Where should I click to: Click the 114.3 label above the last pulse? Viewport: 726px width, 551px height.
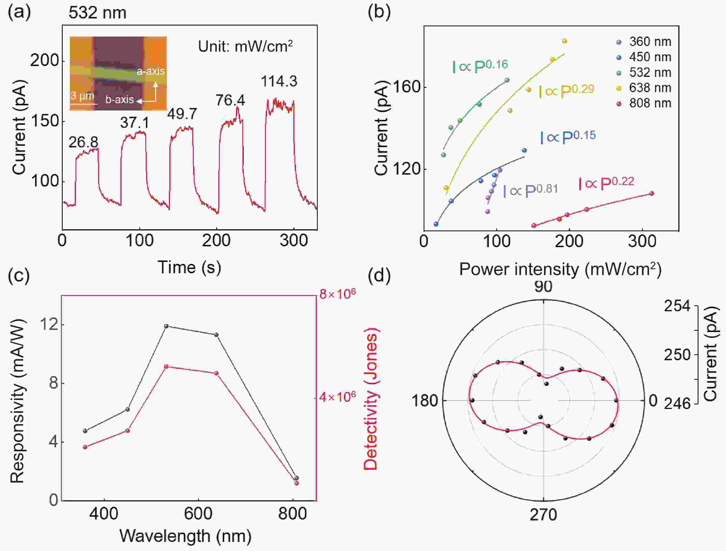tap(279, 81)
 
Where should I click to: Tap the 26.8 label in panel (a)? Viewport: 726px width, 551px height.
tap(83, 142)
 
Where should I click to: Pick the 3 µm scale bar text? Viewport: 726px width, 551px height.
tap(82, 96)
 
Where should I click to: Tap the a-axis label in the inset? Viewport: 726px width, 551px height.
tap(151, 71)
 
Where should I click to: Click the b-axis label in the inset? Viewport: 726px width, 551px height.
tap(119, 100)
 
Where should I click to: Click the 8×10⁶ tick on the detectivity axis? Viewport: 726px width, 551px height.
tap(337, 294)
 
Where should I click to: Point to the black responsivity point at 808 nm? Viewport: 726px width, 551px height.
tap(297, 478)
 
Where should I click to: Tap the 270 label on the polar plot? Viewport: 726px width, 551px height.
tap(543, 515)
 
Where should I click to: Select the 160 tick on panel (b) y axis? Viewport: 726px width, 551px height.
tap(406, 87)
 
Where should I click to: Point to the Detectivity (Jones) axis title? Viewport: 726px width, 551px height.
tap(371, 399)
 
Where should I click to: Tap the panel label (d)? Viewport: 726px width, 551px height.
tap(379, 275)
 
